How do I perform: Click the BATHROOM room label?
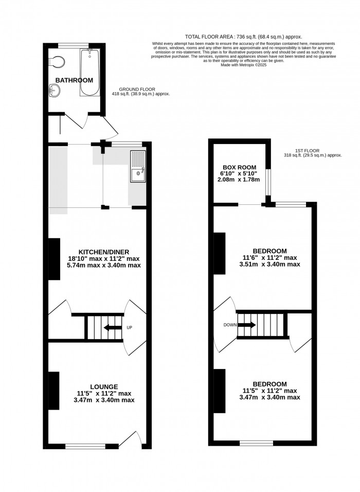(74, 80)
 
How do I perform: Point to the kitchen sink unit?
(138, 168)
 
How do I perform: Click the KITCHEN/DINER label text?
(97, 252)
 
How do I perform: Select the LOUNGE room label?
(104, 386)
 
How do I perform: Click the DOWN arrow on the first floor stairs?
(246, 325)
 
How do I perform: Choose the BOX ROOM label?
(240, 167)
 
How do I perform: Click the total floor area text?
(243, 37)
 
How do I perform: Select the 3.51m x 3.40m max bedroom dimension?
(269, 265)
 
